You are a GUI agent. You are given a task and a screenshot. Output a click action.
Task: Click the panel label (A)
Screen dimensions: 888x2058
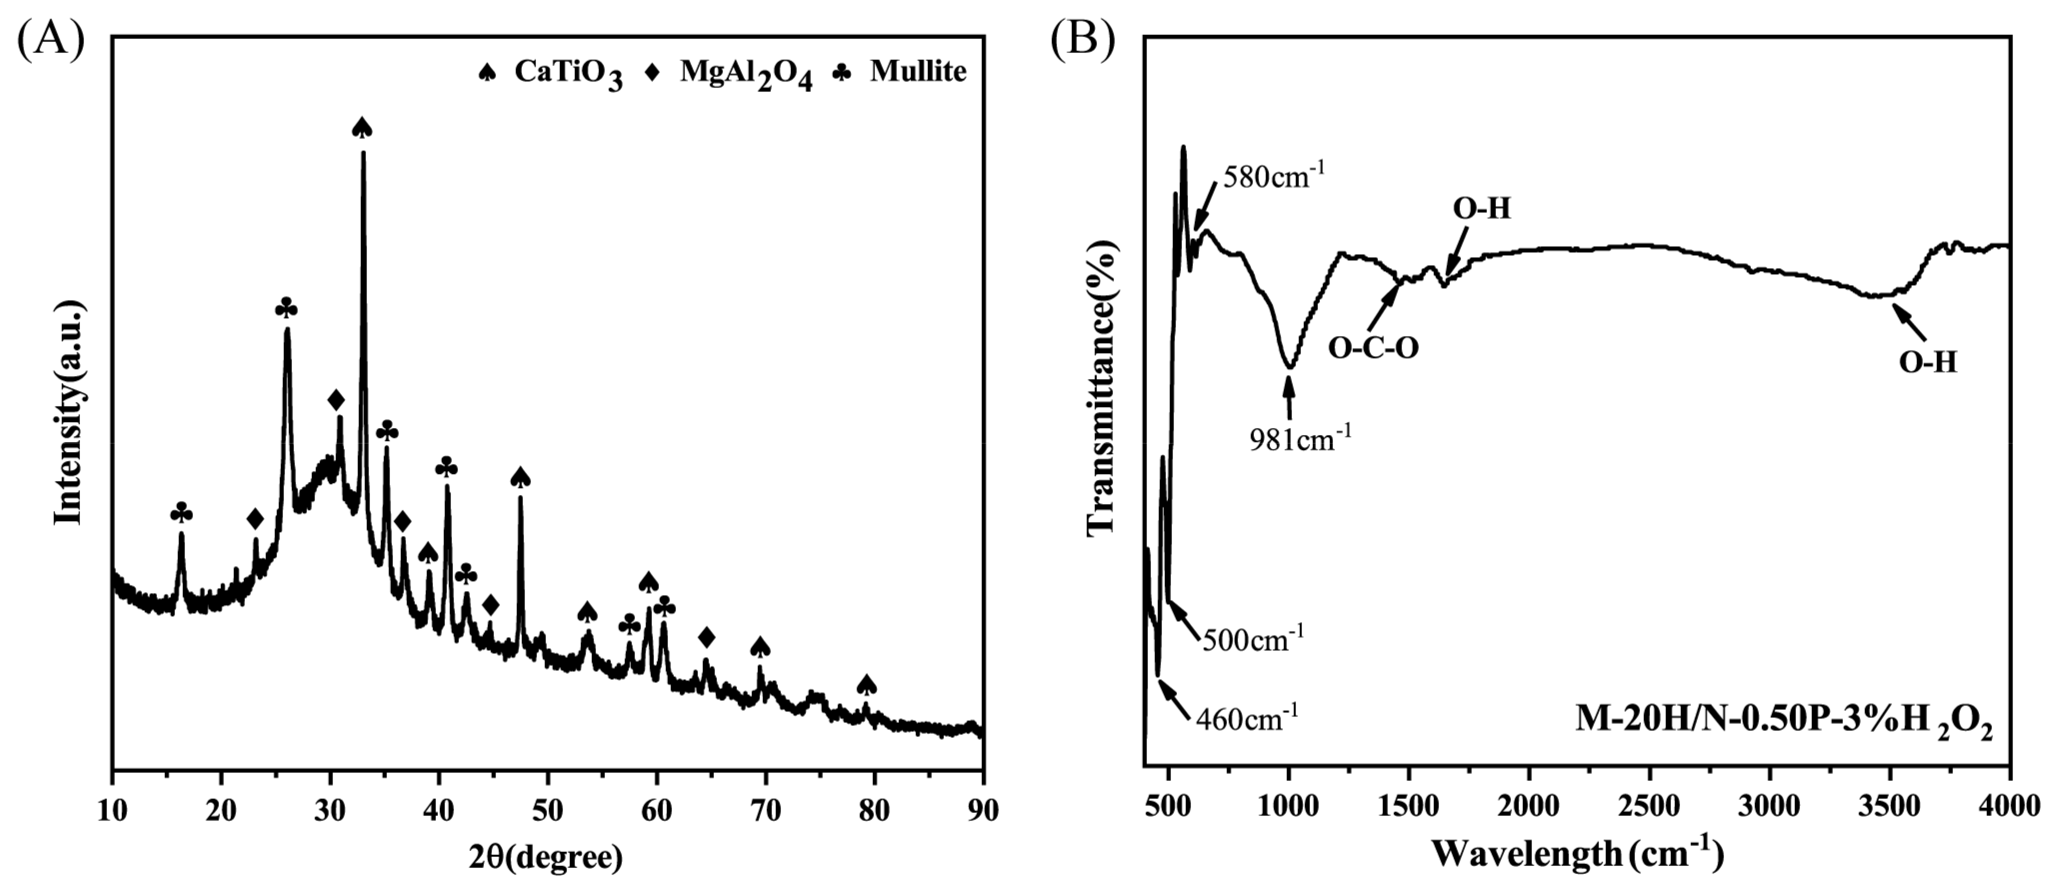(x=49, y=40)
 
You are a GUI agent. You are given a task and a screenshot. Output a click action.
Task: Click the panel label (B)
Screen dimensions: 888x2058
(x=1082, y=40)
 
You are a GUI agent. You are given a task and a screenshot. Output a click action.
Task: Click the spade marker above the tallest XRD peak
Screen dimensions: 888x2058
(x=362, y=128)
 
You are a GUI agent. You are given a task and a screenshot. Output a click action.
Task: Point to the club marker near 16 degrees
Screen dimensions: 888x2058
(x=181, y=512)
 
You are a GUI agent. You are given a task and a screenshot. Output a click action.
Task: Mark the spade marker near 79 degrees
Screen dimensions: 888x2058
(x=867, y=685)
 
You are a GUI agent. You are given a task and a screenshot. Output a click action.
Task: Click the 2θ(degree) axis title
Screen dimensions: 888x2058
(x=545, y=857)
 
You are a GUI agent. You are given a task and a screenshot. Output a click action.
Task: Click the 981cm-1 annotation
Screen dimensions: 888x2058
(x=1300, y=437)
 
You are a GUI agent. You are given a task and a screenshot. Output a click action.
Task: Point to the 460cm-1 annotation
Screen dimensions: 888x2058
(x=1246, y=718)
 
